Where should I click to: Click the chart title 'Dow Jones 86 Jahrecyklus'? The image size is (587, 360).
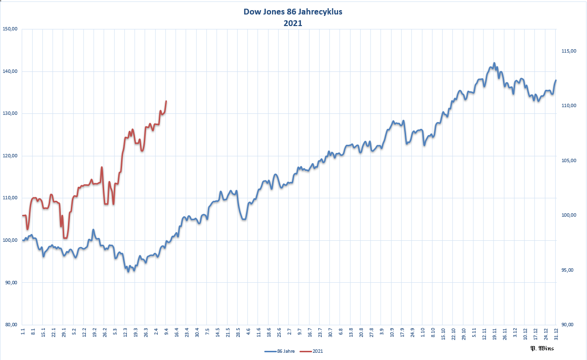coord(293,13)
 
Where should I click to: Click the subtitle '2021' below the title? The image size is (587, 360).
coord(293,23)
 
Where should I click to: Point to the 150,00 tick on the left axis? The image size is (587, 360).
coord(10,29)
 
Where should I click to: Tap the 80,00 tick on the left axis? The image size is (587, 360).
coord(10,325)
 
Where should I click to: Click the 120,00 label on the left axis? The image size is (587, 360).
coord(10,156)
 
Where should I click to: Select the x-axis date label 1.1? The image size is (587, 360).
coord(23,332)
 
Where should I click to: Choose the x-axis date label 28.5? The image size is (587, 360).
coord(238,332)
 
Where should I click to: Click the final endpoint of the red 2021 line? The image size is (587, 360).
coord(166,101)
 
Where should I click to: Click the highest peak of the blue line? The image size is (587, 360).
coord(494,63)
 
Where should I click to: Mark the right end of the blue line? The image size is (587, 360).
coord(556,80)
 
